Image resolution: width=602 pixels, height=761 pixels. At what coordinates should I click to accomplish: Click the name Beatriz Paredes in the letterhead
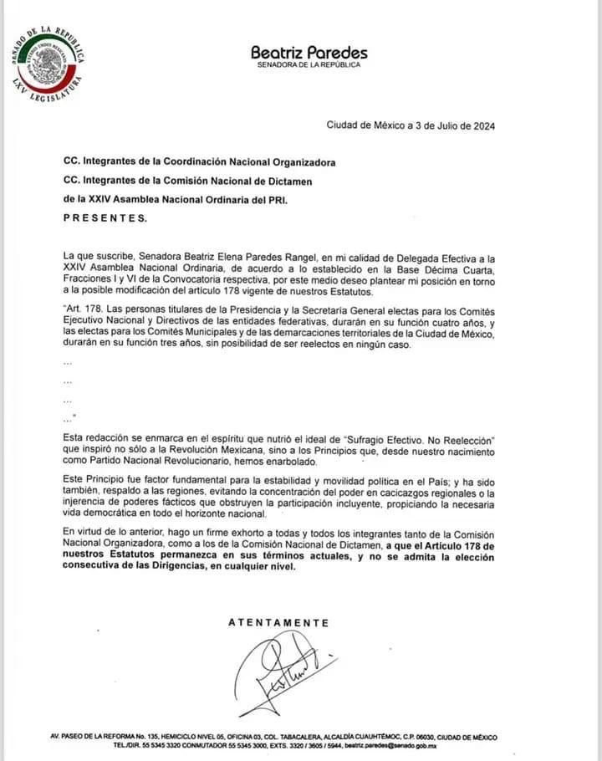click(309, 52)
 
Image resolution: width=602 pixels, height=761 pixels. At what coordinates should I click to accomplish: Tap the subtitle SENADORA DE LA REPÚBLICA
click(309, 66)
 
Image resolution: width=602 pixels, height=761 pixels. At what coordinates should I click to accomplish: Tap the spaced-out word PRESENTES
click(105, 218)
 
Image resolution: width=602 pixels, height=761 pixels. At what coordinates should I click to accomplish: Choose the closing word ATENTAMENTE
click(278, 623)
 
